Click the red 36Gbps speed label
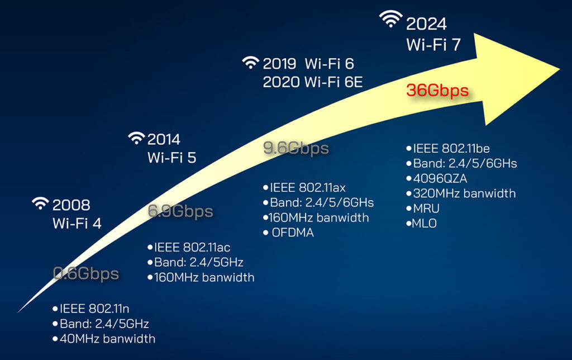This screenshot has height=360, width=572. click(437, 91)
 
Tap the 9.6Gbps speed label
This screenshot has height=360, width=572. click(295, 149)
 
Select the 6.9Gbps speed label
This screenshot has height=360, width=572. click(180, 211)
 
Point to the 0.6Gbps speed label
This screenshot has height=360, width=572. click(85, 273)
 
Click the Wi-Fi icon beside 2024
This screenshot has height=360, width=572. click(391, 20)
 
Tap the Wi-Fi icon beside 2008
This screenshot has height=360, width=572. click(41, 203)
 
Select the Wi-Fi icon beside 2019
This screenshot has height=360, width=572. click(251, 61)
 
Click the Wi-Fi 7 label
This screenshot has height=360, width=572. click(433, 44)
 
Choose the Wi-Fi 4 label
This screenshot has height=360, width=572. click(77, 223)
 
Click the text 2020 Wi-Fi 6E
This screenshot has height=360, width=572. click(313, 83)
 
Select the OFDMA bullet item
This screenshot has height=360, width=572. click(289, 233)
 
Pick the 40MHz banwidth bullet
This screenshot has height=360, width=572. click(103, 338)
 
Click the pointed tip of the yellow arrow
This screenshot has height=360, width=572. click(559, 69)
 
